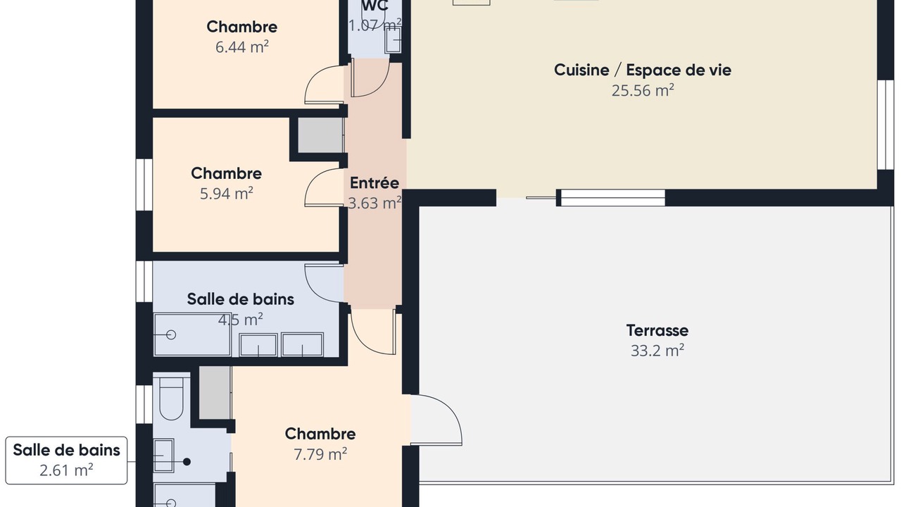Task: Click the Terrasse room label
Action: [x=657, y=330]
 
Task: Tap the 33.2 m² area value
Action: [x=657, y=351]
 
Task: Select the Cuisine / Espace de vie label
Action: [x=643, y=70]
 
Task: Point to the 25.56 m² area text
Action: [x=643, y=90]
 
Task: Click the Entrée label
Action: [x=374, y=183]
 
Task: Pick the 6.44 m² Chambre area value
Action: [x=241, y=47]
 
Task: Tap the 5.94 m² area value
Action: [x=227, y=194]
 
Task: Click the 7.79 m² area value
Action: [x=320, y=454]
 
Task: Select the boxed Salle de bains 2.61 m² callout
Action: [x=66, y=461]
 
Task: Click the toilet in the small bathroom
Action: [x=171, y=398]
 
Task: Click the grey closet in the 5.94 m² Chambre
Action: [x=320, y=135]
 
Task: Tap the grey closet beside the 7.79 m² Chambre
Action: [x=215, y=393]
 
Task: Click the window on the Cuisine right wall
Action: [x=886, y=125]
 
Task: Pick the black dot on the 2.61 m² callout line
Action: [x=187, y=462]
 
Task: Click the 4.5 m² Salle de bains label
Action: [x=241, y=299]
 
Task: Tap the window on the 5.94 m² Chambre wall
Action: [x=144, y=184]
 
